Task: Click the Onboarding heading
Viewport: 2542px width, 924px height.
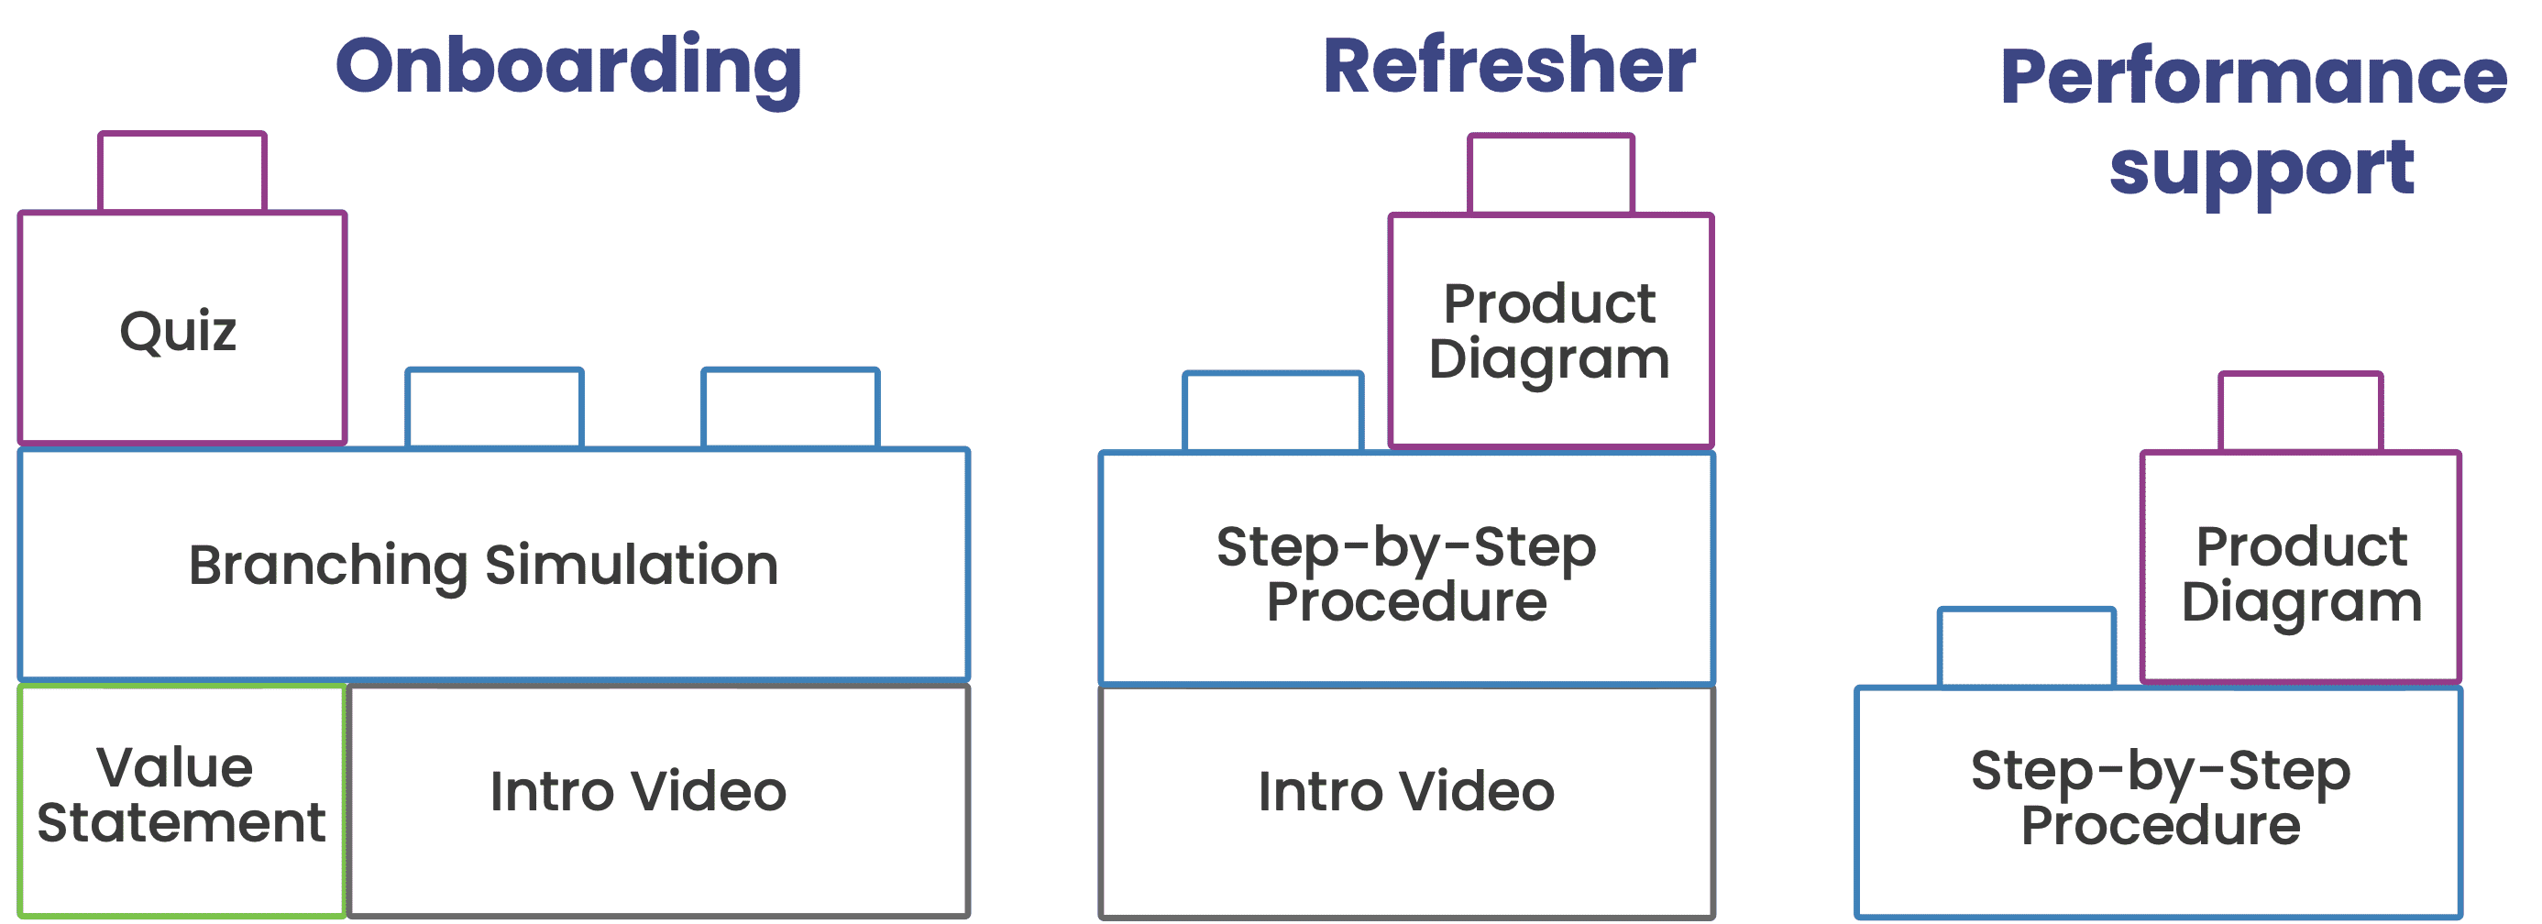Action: pyautogui.click(x=568, y=67)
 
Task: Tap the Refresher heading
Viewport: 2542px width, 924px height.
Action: pyautogui.click(x=1509, y=66)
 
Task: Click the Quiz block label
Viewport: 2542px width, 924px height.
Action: pyautogui.click(x=179, y=331)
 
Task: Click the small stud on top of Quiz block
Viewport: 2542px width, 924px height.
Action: pyautogui.click(x=182, y=172)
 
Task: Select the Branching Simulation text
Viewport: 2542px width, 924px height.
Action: pyautogui.click(x=483, y=566)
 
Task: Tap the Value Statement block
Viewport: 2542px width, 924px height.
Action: pyautogui.click(x=182, y=796)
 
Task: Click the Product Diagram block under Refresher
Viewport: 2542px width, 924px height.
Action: pyautogui.click(x=1549, y=331)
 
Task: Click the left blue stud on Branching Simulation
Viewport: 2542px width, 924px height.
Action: pyautogui.click(x=494, y=409)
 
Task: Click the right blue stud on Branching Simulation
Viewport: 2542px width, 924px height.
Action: pyautogui.click(x=790, y=409)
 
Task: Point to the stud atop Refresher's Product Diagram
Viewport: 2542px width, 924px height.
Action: pyautogui.click(x=1551, y=175)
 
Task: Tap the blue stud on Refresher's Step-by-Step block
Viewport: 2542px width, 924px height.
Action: pyautogui.click(x=1273, y=412)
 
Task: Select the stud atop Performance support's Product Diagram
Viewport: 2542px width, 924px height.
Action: pyautogui.click(x=2301, y=412)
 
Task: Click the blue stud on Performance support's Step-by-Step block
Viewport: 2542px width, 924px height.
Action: pyautogui.click(x=2027, y=647)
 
